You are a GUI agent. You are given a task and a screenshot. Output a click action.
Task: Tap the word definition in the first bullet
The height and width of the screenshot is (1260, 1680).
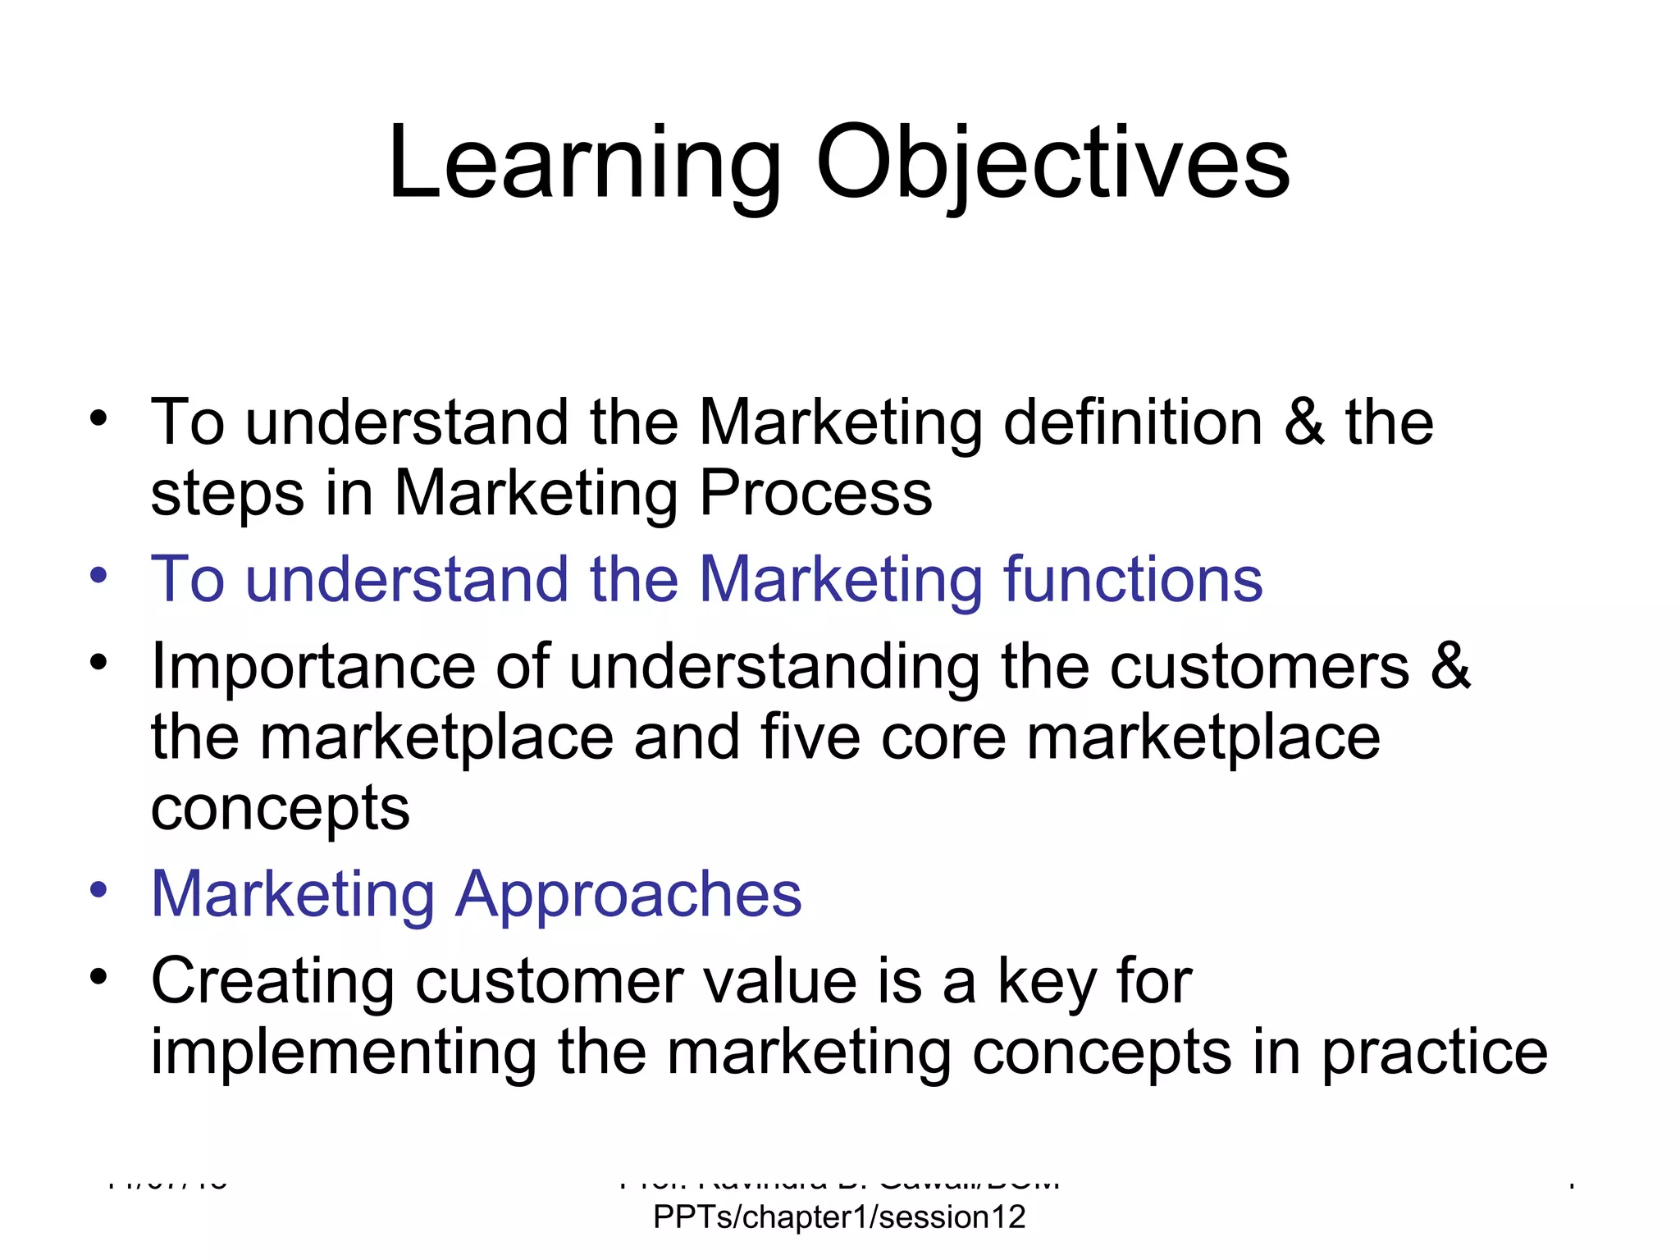point(1133,422)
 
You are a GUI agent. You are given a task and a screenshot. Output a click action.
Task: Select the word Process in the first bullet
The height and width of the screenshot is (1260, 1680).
point(815,493)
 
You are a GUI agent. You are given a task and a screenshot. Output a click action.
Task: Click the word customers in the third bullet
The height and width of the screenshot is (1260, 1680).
point(1259,666)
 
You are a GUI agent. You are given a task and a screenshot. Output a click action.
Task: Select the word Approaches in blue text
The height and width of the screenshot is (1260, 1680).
point(628,894)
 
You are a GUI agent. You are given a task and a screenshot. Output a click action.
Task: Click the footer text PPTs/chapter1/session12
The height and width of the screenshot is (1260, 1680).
point(839,1217)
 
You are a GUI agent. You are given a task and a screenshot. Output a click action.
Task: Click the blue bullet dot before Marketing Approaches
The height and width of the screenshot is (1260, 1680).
point(99,890)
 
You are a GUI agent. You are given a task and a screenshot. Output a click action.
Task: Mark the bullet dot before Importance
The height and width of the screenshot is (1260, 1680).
point(99,662)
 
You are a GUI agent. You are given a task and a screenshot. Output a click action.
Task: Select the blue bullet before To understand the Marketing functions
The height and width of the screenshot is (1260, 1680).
point(99,575)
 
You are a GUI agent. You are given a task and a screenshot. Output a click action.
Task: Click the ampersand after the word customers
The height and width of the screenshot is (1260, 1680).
point(1450,666)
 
